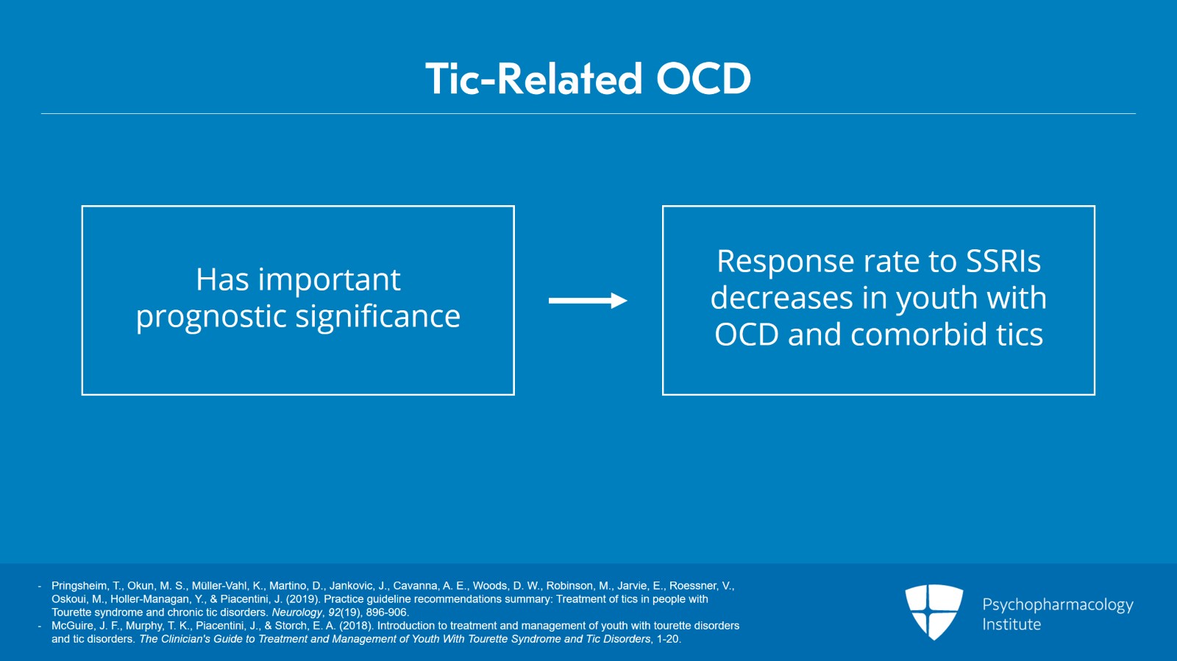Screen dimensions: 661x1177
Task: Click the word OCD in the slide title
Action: pos(703,79)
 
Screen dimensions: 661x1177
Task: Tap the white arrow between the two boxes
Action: pos(587,300)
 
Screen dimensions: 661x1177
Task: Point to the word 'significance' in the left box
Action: pos(378,317)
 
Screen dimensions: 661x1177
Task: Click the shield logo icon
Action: pos(934,611)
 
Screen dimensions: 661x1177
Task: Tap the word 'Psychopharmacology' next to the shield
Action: pos(1057,604)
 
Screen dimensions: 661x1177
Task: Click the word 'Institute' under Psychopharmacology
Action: pos(1011,624)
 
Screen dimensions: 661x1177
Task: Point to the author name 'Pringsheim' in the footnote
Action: pos(79,586)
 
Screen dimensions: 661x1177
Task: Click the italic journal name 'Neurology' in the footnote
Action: pos(296,612)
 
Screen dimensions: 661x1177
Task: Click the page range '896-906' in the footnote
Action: pos(386,612)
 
